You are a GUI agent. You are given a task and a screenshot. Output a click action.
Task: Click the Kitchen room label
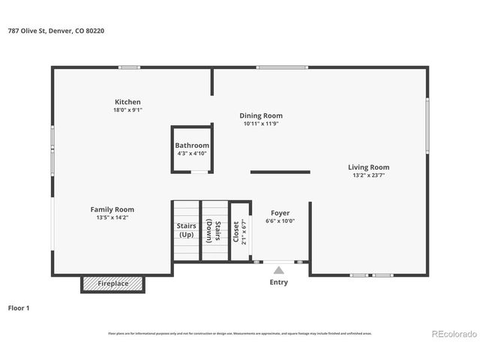pos(127,102)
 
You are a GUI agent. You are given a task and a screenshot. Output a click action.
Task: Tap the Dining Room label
pos(261,115)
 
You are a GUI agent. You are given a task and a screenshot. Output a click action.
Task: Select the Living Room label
pos(368,167)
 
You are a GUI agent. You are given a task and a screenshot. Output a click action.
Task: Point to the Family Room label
pos(112,209)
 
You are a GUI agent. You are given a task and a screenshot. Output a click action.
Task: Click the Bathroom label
pos(192,145)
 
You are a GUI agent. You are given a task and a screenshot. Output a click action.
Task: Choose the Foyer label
pos(280,213)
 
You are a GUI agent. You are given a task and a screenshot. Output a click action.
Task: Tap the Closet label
pos(236,231)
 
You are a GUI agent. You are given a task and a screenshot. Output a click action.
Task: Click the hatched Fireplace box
pos(112,283)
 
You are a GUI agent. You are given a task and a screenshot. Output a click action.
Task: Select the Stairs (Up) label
pos(186,230)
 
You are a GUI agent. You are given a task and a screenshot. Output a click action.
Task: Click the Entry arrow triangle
pos(278,270)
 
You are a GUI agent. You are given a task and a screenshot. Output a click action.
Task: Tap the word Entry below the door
pos(278,283)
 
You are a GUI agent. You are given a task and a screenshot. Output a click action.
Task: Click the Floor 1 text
pos(19,307)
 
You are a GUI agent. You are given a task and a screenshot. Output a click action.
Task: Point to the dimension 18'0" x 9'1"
pos(127,110)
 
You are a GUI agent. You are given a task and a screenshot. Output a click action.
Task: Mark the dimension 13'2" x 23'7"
pos(368,175)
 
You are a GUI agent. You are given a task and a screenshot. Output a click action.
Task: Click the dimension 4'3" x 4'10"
pos(192,153)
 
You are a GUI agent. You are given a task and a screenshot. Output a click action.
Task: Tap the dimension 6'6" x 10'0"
pos(280,221)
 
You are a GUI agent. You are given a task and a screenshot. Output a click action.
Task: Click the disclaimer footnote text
pos(240,333)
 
